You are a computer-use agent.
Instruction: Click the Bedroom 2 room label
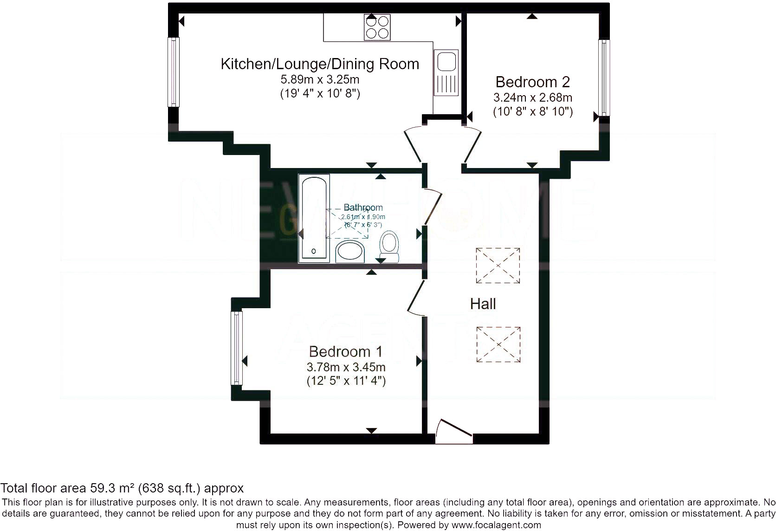(x=532, y=82)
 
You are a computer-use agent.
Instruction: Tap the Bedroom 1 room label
(x=346, y=352)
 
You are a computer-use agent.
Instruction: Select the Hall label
(x=483, y=304)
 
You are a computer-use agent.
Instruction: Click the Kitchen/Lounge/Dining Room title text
(x=320, y=64)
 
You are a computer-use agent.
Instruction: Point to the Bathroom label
(x=363, y=207)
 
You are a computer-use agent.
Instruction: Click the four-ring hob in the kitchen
(x=377, y=27)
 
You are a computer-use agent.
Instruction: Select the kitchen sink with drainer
(x=446, y=72)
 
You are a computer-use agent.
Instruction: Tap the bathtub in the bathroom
(x=314, y=217)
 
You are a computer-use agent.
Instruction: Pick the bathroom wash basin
(x=350, y=252)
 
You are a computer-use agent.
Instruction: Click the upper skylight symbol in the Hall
(x=498, y=265)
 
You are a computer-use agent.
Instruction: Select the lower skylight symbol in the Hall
(x=498, y=344)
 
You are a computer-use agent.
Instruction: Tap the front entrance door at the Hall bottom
(x=454, y=432)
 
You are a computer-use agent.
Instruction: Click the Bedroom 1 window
(x=237, y=348)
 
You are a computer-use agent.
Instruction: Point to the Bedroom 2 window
(x=604, y=78)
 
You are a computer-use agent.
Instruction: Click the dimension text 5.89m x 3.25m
(x=320, y=79)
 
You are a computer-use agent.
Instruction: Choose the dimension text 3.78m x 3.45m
(x=346, y=367)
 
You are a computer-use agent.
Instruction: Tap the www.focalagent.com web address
(x=496, y=525)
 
